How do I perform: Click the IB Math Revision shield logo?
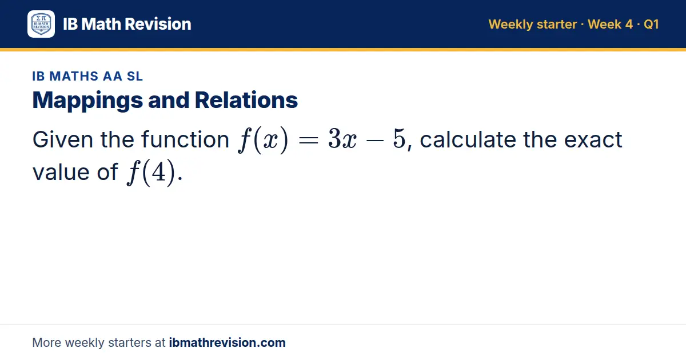tap(41, 24)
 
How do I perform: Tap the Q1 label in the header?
tap(651, 25)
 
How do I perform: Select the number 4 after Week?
tap(629, 25)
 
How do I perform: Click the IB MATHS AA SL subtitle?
tap(87, 76)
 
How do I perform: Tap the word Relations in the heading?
tap(246, 100)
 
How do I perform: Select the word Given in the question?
tap(63, 139)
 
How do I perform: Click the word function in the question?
tap(185, 139)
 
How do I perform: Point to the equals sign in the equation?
tap(308, 141)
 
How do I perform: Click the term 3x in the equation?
tap(342, 139)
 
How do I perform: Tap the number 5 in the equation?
tap(399, 139)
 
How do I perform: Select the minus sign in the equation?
tap(374, 141)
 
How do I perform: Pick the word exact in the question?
tap(593, 140)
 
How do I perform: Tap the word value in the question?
tap(61, 172)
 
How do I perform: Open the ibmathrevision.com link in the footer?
tap(228, 342)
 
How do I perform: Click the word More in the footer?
tap(46, 342)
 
